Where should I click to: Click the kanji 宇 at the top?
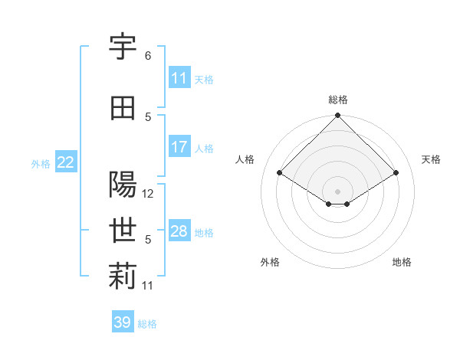[123, 47]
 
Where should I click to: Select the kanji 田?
[123, 109]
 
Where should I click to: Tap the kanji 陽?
[123, 185]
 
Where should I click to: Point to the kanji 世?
[123, 231]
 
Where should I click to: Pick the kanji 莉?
[123, 277]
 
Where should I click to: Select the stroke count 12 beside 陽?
[148, 194]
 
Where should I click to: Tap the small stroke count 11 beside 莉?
[148, 286]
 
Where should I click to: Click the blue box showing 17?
[179, 147]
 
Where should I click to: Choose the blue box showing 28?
[179, 231]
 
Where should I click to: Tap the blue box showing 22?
[66, 162]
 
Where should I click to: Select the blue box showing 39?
[122, 322]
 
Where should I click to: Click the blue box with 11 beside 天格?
[179, 78]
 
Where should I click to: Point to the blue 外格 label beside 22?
[41, 163]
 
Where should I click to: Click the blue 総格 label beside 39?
[147, 324]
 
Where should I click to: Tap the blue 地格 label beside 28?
[204, 232]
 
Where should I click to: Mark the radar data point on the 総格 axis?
[337, 116]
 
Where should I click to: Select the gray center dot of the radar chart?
[337, 190]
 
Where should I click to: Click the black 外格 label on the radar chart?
[270, 262]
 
